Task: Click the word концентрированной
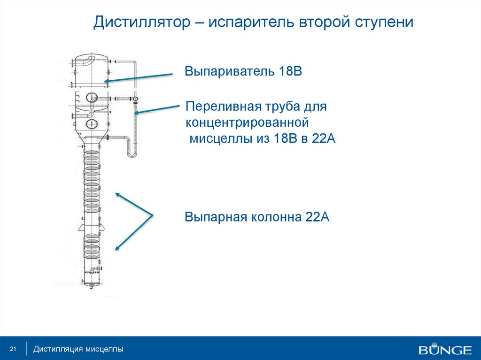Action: tap(247, 123)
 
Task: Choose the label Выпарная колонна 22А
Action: tap(257, 217)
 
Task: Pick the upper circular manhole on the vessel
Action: tap(91, 98)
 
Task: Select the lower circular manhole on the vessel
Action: tap(91, 124)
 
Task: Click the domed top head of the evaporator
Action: tap(91, 57)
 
